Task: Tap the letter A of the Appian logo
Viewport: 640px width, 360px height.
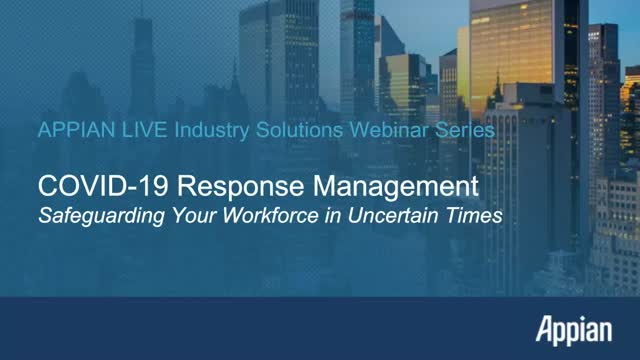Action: point(545,327)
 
